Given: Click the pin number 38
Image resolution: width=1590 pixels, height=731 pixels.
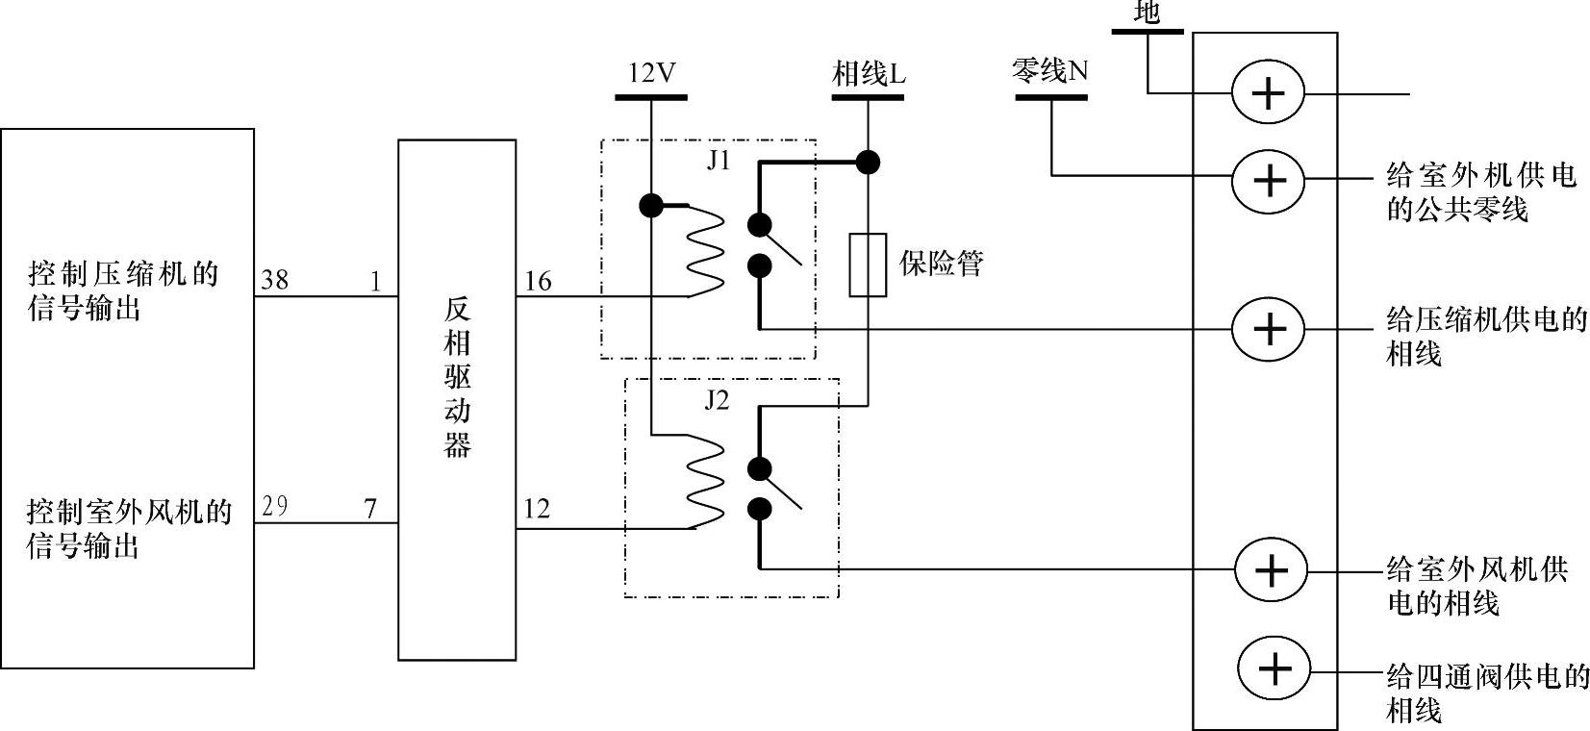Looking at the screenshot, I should (274, 280).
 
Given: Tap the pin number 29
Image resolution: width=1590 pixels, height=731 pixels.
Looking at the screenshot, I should (274, 506).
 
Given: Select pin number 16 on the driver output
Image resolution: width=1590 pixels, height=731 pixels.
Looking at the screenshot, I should (538, 281).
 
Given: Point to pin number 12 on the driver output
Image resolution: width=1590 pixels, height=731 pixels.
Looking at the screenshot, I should (537, 509).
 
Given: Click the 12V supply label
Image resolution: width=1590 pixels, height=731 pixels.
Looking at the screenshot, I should (651, 73).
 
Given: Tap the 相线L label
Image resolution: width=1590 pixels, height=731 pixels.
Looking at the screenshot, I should (869, 74).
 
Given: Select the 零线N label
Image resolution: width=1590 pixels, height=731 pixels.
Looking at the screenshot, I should (1049, 70).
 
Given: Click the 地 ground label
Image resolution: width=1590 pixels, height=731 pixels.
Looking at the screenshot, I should (1147, 13).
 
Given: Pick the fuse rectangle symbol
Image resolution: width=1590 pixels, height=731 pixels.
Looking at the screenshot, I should (868, 265).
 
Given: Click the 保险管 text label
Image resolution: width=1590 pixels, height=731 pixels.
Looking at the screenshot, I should (942, 263).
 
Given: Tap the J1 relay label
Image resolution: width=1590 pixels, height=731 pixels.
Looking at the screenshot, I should (719, 160).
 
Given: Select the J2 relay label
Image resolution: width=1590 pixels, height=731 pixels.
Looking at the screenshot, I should (717, 400).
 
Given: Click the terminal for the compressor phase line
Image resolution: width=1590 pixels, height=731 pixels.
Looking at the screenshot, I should (1270, 329).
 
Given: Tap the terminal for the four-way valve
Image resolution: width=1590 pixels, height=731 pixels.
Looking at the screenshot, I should (1274, 668).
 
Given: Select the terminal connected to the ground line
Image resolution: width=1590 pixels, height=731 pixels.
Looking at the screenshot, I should (1269, 93).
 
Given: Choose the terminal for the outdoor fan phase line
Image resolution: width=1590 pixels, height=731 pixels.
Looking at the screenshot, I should (1271, 569).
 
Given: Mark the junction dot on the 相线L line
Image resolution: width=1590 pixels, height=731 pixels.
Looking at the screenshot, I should (868, 162).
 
